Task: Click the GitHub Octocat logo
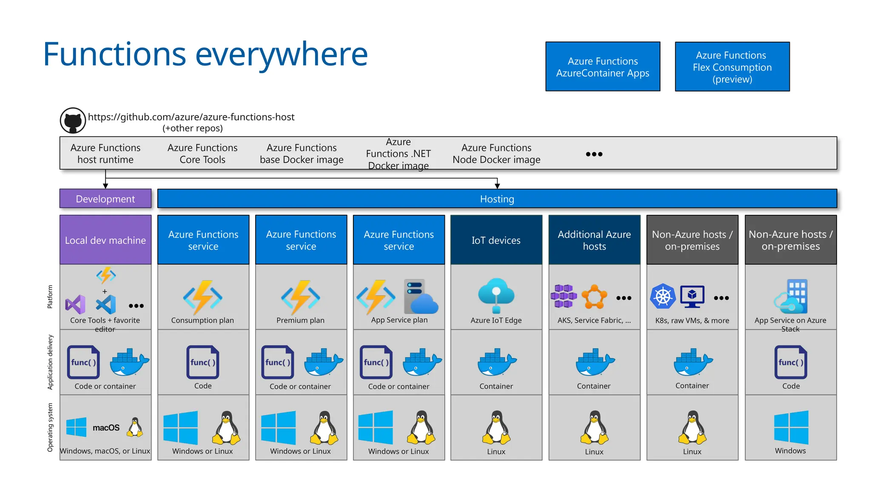(73, 121)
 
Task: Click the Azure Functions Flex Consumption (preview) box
(732, 67)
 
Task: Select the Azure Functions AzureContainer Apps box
(603, 67)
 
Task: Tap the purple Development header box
(105, 199)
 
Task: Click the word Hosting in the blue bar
(497, 199)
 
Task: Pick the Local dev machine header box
(105, 240)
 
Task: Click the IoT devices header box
(496, 240)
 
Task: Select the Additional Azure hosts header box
(594, 240)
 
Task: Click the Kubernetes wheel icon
(663, 296)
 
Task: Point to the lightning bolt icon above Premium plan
(301, 297)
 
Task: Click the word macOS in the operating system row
(106, 427)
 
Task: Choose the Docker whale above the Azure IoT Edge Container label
(496, 362)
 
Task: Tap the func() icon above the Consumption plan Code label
(203, 362)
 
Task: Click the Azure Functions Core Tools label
(202, 154)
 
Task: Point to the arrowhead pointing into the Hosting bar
(497, 186)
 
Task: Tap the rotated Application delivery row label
(50, 362)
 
